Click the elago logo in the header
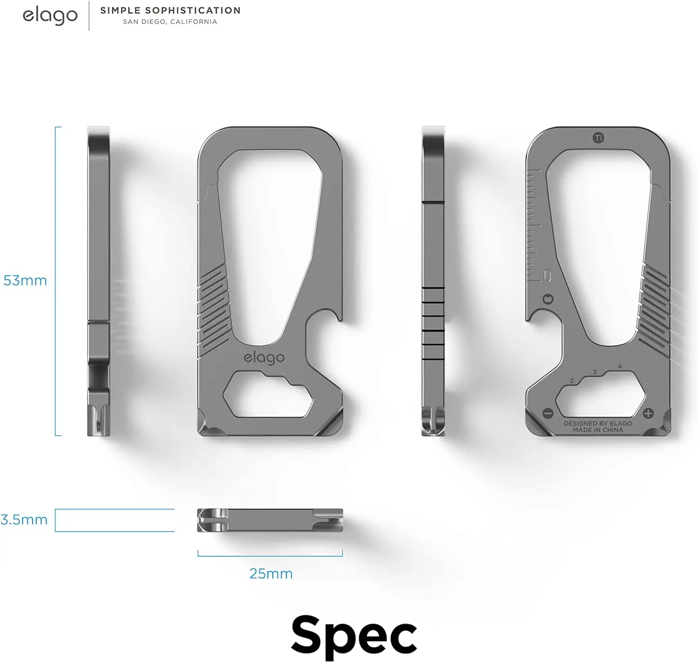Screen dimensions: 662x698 50,15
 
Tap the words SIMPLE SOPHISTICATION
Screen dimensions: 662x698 170,10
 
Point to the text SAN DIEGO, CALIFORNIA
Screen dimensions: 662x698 170,22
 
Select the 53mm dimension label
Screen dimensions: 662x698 25,281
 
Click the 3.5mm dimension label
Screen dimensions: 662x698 24,520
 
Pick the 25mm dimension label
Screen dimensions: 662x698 271,574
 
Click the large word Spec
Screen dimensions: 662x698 354,635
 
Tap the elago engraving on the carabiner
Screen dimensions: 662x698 264,357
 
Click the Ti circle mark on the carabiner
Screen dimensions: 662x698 598,138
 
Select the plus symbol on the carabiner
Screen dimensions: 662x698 648,413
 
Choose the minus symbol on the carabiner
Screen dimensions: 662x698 548,413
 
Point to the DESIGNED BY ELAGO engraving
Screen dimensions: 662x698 598,424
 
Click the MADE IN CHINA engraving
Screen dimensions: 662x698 598,430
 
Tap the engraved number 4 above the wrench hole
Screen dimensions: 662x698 619,367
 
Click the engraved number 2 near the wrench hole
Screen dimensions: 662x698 572,381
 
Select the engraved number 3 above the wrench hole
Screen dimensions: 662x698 595,372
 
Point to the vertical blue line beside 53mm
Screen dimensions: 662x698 55,281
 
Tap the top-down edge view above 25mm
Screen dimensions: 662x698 270,520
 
